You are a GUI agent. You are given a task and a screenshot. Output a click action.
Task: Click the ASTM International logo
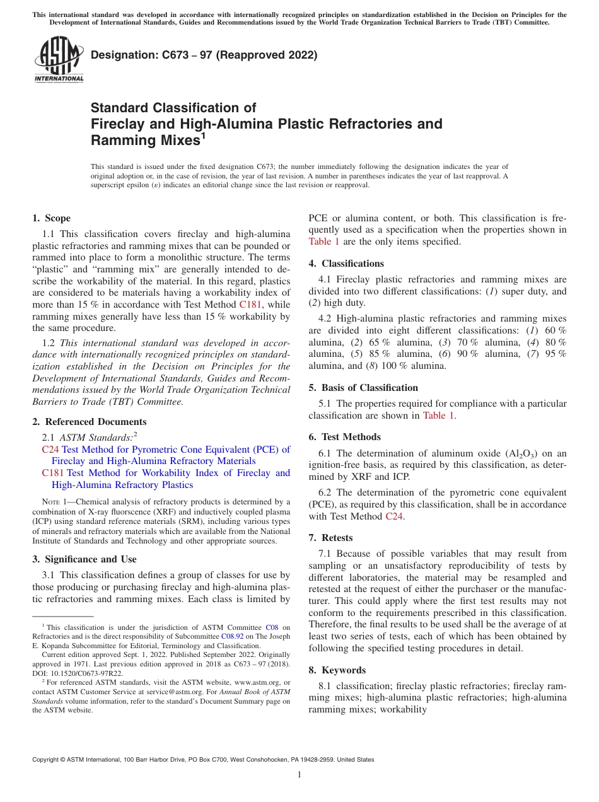[59, 59]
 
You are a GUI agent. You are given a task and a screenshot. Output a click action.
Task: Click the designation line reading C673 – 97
[204, 55]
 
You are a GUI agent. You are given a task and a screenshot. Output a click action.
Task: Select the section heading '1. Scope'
[51, 218]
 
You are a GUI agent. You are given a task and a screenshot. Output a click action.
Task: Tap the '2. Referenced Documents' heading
[89, 422]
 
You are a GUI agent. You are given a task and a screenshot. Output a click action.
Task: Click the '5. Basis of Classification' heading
[363, 388]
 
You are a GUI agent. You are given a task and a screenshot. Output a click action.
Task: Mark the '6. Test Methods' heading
[344, 437]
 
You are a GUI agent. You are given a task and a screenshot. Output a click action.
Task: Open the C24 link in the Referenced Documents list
[50, 450]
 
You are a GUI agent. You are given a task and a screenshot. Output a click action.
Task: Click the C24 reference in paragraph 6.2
[393, 516]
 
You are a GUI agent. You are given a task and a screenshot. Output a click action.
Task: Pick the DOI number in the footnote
[86, 673]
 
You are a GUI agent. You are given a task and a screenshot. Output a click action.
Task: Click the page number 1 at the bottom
[299, 775]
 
